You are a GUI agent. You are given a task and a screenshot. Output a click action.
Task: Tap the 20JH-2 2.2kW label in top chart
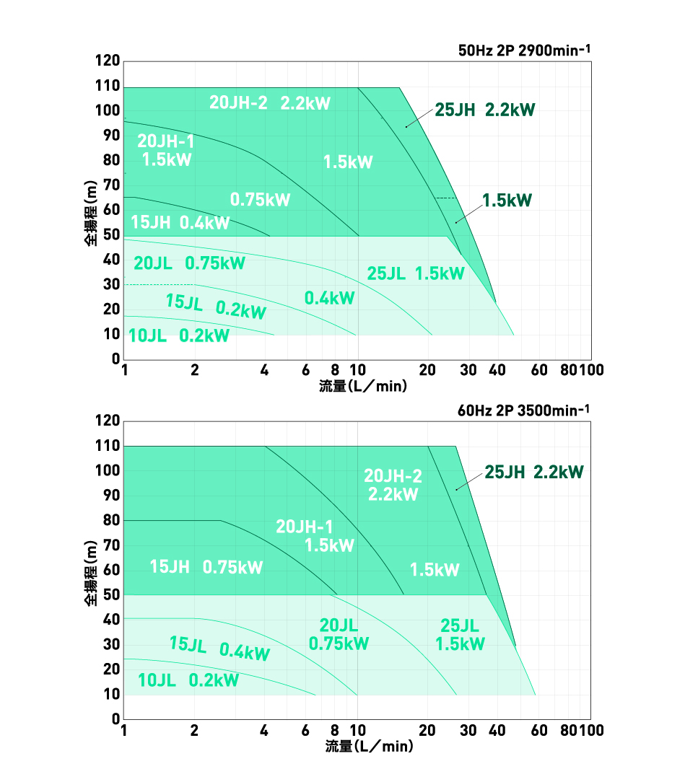pyautogui.click(x=269, y=103)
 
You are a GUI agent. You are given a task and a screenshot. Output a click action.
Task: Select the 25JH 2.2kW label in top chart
pyautogui.click(x=485, y=110)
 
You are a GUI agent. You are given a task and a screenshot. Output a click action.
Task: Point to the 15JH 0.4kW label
pyautogui.click(x=180, y=222)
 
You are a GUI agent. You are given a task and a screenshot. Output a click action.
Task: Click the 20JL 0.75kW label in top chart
pyautogui.click(x=189, y=263)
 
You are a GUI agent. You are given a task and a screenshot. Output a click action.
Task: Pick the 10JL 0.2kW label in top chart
pyautogui.click(x=178, y=335)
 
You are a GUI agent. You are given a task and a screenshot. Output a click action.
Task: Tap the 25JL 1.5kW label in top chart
pyautogui.click(x=415, y=273)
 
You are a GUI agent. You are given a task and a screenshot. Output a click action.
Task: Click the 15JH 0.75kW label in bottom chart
pyautogui.click(x=206, y=567)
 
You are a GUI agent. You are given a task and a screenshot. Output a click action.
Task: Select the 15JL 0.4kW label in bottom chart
pyautogui.click(x=219, y=649)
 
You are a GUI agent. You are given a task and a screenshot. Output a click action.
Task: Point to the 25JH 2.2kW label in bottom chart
pyautogui.click(x=533, y=473)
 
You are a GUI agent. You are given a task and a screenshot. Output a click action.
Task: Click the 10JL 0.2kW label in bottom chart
pyautogui.click(x=188, y=680)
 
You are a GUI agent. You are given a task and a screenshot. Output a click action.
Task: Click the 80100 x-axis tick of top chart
pyautogui.click(x=580, y=371)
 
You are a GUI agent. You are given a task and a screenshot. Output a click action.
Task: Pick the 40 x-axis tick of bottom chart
pyautogui.click(x=497, y=731)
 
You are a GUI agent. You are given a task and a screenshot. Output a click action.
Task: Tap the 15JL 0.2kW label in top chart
pyautogui.click(x=216, y=307)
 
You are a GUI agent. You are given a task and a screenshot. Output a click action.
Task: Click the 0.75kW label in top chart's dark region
pyautogui.click(x=260, y=200)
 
